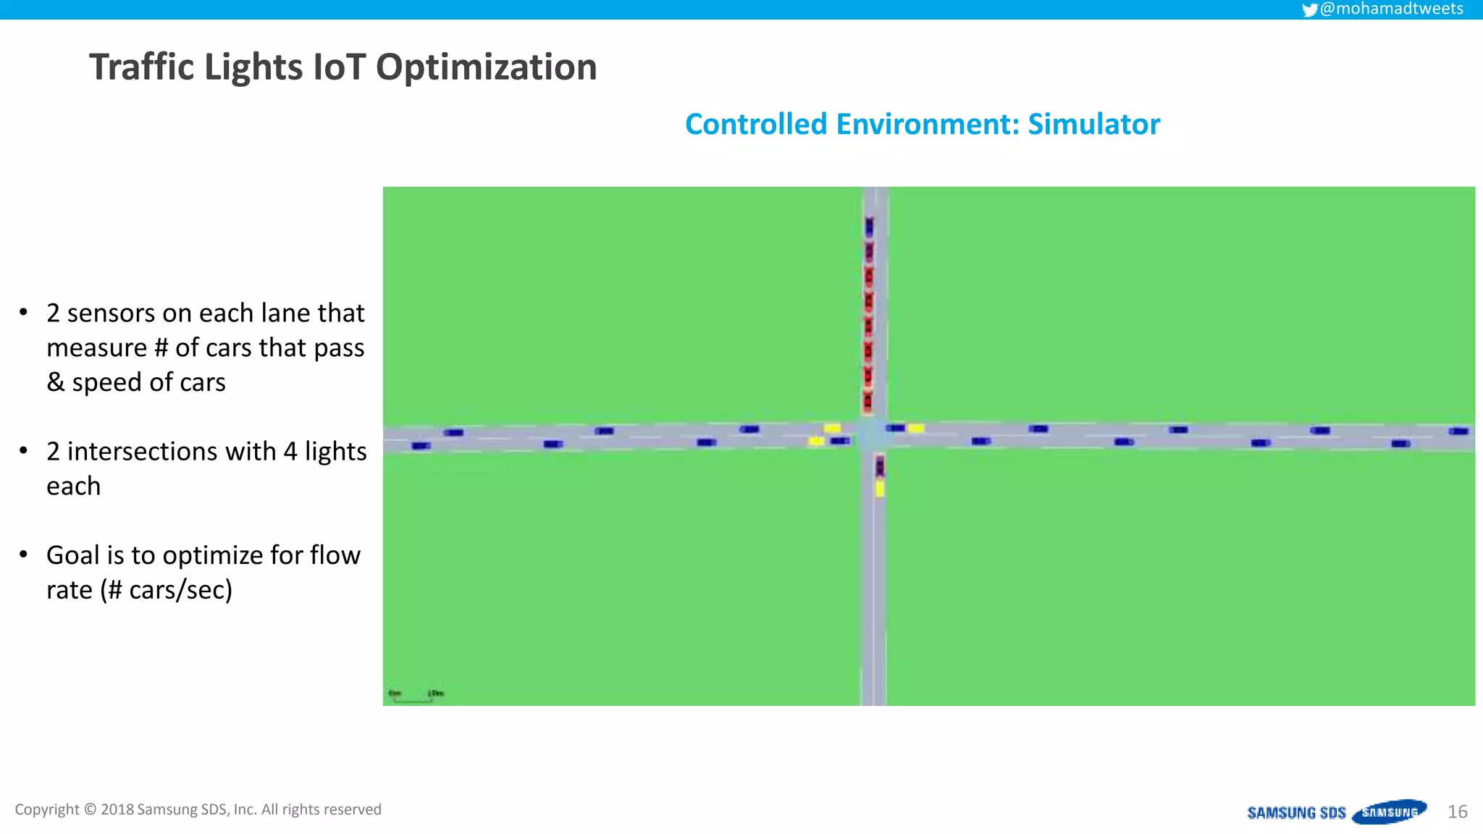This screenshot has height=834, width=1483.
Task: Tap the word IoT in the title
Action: click(x=338, y=67)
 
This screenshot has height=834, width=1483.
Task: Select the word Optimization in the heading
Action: click(x=486, y=67)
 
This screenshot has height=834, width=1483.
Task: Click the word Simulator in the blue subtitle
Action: click(x=1093, y=125)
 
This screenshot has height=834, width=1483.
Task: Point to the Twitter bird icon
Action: click(x=1309, y=9)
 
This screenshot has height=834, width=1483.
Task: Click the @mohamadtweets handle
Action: click(x=1391, y=9)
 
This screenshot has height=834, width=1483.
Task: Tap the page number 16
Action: click(x=1457, y=812)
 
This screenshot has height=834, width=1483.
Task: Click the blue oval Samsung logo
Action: click(x=1389, y=812)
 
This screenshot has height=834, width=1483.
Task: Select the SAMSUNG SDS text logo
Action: click(x=1296, y=812)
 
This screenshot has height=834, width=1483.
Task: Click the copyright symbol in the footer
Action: click(x=90, y=809)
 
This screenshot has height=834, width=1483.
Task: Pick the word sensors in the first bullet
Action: click(x=111, y=313)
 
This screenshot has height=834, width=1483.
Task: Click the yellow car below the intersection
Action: click(x=880, y=489)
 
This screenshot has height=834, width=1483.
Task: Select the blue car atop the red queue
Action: click(x=870, y=227)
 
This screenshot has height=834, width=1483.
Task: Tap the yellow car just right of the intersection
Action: click(x=916, y=429)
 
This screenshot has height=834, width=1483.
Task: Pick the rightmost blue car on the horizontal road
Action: click(x=1458, y=431)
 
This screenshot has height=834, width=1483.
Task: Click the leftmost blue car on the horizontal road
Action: click(x=421, y=445)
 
